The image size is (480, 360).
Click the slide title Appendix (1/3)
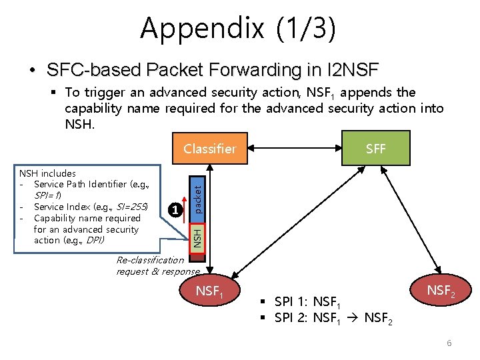click(238, 28)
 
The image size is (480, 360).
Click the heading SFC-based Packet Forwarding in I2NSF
click(212, 69)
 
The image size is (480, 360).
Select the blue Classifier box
click(209, 149)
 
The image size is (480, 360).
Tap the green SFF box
click(375, 149)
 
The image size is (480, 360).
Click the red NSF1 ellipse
click(209, 291)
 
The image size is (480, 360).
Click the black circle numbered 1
click(174, 210)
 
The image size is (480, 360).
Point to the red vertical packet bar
click(197, 194)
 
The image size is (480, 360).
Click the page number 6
click(449, 343)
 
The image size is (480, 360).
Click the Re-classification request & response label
click(157, 265)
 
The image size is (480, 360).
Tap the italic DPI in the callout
click(93, 240)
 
